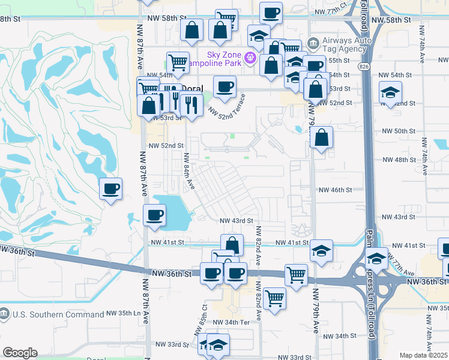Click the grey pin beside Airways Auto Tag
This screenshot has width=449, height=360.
click(x=312, y=43)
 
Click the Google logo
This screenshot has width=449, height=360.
click(x=20, y=353)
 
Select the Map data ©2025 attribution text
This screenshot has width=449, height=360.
click(x=423, y=355)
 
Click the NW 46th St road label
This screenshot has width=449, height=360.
click(x=335, y=190)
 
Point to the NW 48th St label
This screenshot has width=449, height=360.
click(x=399, y=160)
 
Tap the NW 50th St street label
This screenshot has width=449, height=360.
click(x=399, y=131)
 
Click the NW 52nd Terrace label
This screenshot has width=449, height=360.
click(x=227, y=104)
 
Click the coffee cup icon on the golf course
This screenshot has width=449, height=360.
click(x=110, y=190)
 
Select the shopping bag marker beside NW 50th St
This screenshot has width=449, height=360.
click(x=322, y=139)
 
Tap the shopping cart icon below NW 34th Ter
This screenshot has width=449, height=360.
click(x=274, y=298)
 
